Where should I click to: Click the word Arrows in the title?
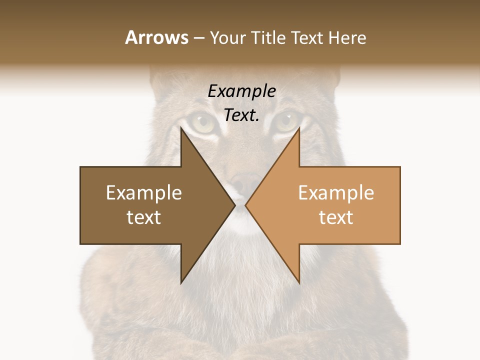pyautogui.click(x=157, y=37)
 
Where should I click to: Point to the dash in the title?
pyautogui.click(x=199, y=38)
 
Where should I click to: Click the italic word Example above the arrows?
pyautogui.click(x=241, y=91)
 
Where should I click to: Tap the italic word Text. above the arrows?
pyautogui.click(x=241, y=115)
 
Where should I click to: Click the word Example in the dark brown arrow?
pyautogui.click(x=143, y=192)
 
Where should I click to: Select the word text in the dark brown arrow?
pyautogui.click(x=143, y=217)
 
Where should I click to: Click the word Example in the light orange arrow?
pyautogui.click(x=336, y=192)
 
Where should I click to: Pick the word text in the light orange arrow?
pyautogui.click(x=336, y=217)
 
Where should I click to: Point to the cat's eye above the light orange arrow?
pyautogui.click(x=286, y=120)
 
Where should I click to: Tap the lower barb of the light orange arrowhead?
pyautogui.click(x=298, y=280)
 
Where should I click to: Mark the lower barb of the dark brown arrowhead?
pyautogui.click(x=182, y=280)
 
